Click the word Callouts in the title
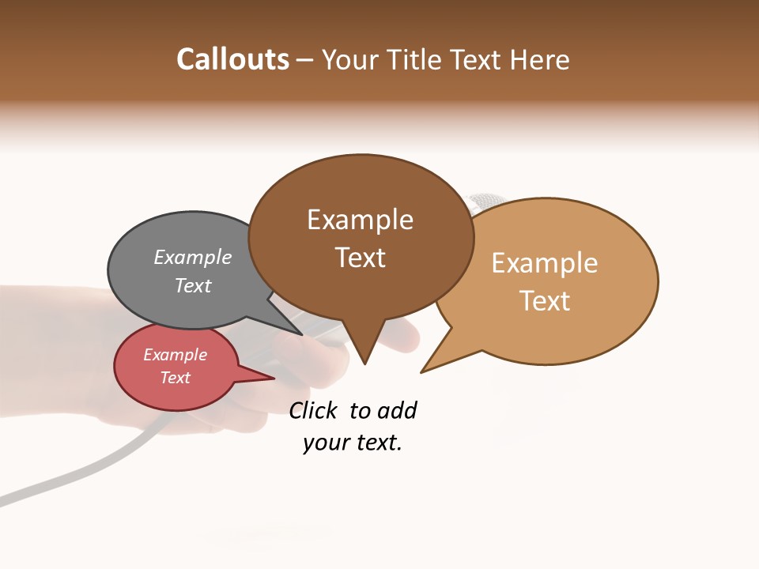coord(232,59)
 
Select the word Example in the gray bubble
coord(193,257)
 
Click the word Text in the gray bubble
coord(193,285)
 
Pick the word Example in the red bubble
coord(175,355)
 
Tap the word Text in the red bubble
coord(176,378)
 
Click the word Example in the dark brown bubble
coord(360,220)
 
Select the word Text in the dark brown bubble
coord(361,258)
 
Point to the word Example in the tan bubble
coord(545,263)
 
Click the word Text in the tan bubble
coord(546,301)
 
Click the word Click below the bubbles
coord(313,410)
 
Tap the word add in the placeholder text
coord(397,410)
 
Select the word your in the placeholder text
coord(322,443)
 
